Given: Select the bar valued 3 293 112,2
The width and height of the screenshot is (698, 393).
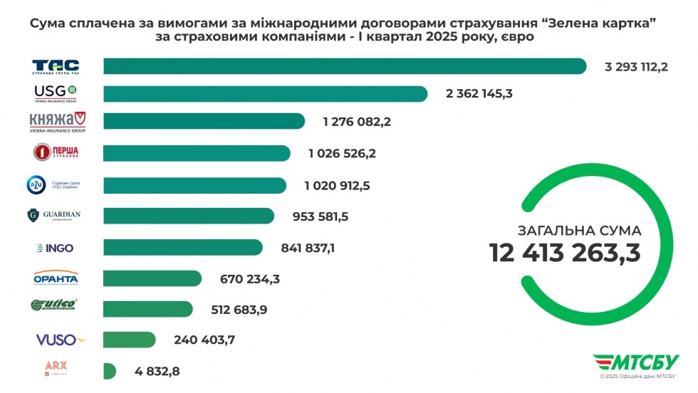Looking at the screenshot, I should [345, 66].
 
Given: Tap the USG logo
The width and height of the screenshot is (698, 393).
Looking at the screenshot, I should [56, 93].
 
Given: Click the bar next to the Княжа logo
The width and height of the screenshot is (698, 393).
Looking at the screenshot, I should [204, 121].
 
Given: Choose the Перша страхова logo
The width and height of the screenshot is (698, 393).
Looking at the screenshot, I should [56, 152].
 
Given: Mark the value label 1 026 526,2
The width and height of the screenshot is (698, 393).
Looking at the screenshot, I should [342, 153].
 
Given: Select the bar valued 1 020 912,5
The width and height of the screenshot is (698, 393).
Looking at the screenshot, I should [195, 186].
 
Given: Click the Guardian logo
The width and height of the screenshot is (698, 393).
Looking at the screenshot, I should [56, 216].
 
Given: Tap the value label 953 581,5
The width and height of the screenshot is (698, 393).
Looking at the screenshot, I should [321, 216].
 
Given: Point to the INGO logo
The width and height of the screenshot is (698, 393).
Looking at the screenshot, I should [56, 248].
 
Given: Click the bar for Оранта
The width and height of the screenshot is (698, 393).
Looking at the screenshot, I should [152, 278].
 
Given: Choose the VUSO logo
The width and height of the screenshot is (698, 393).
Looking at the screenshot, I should [60, 340].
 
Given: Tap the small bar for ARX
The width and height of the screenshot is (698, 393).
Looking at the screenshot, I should [109, 371].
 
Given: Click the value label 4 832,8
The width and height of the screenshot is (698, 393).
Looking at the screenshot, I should [157, 371].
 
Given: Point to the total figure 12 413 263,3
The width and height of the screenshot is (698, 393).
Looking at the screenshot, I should [564, 253].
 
